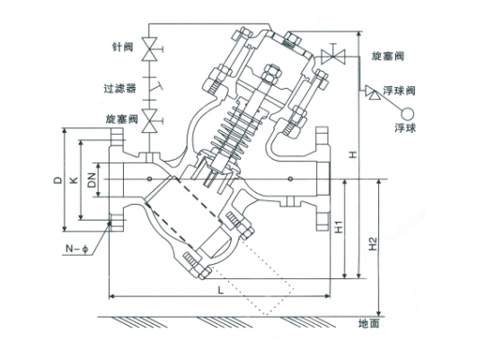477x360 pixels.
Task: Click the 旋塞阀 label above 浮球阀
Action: click(x=387, y=56)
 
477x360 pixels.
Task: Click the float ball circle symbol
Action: click(x=408, y=114)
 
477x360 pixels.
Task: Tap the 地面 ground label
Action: click(x=369, y=324)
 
